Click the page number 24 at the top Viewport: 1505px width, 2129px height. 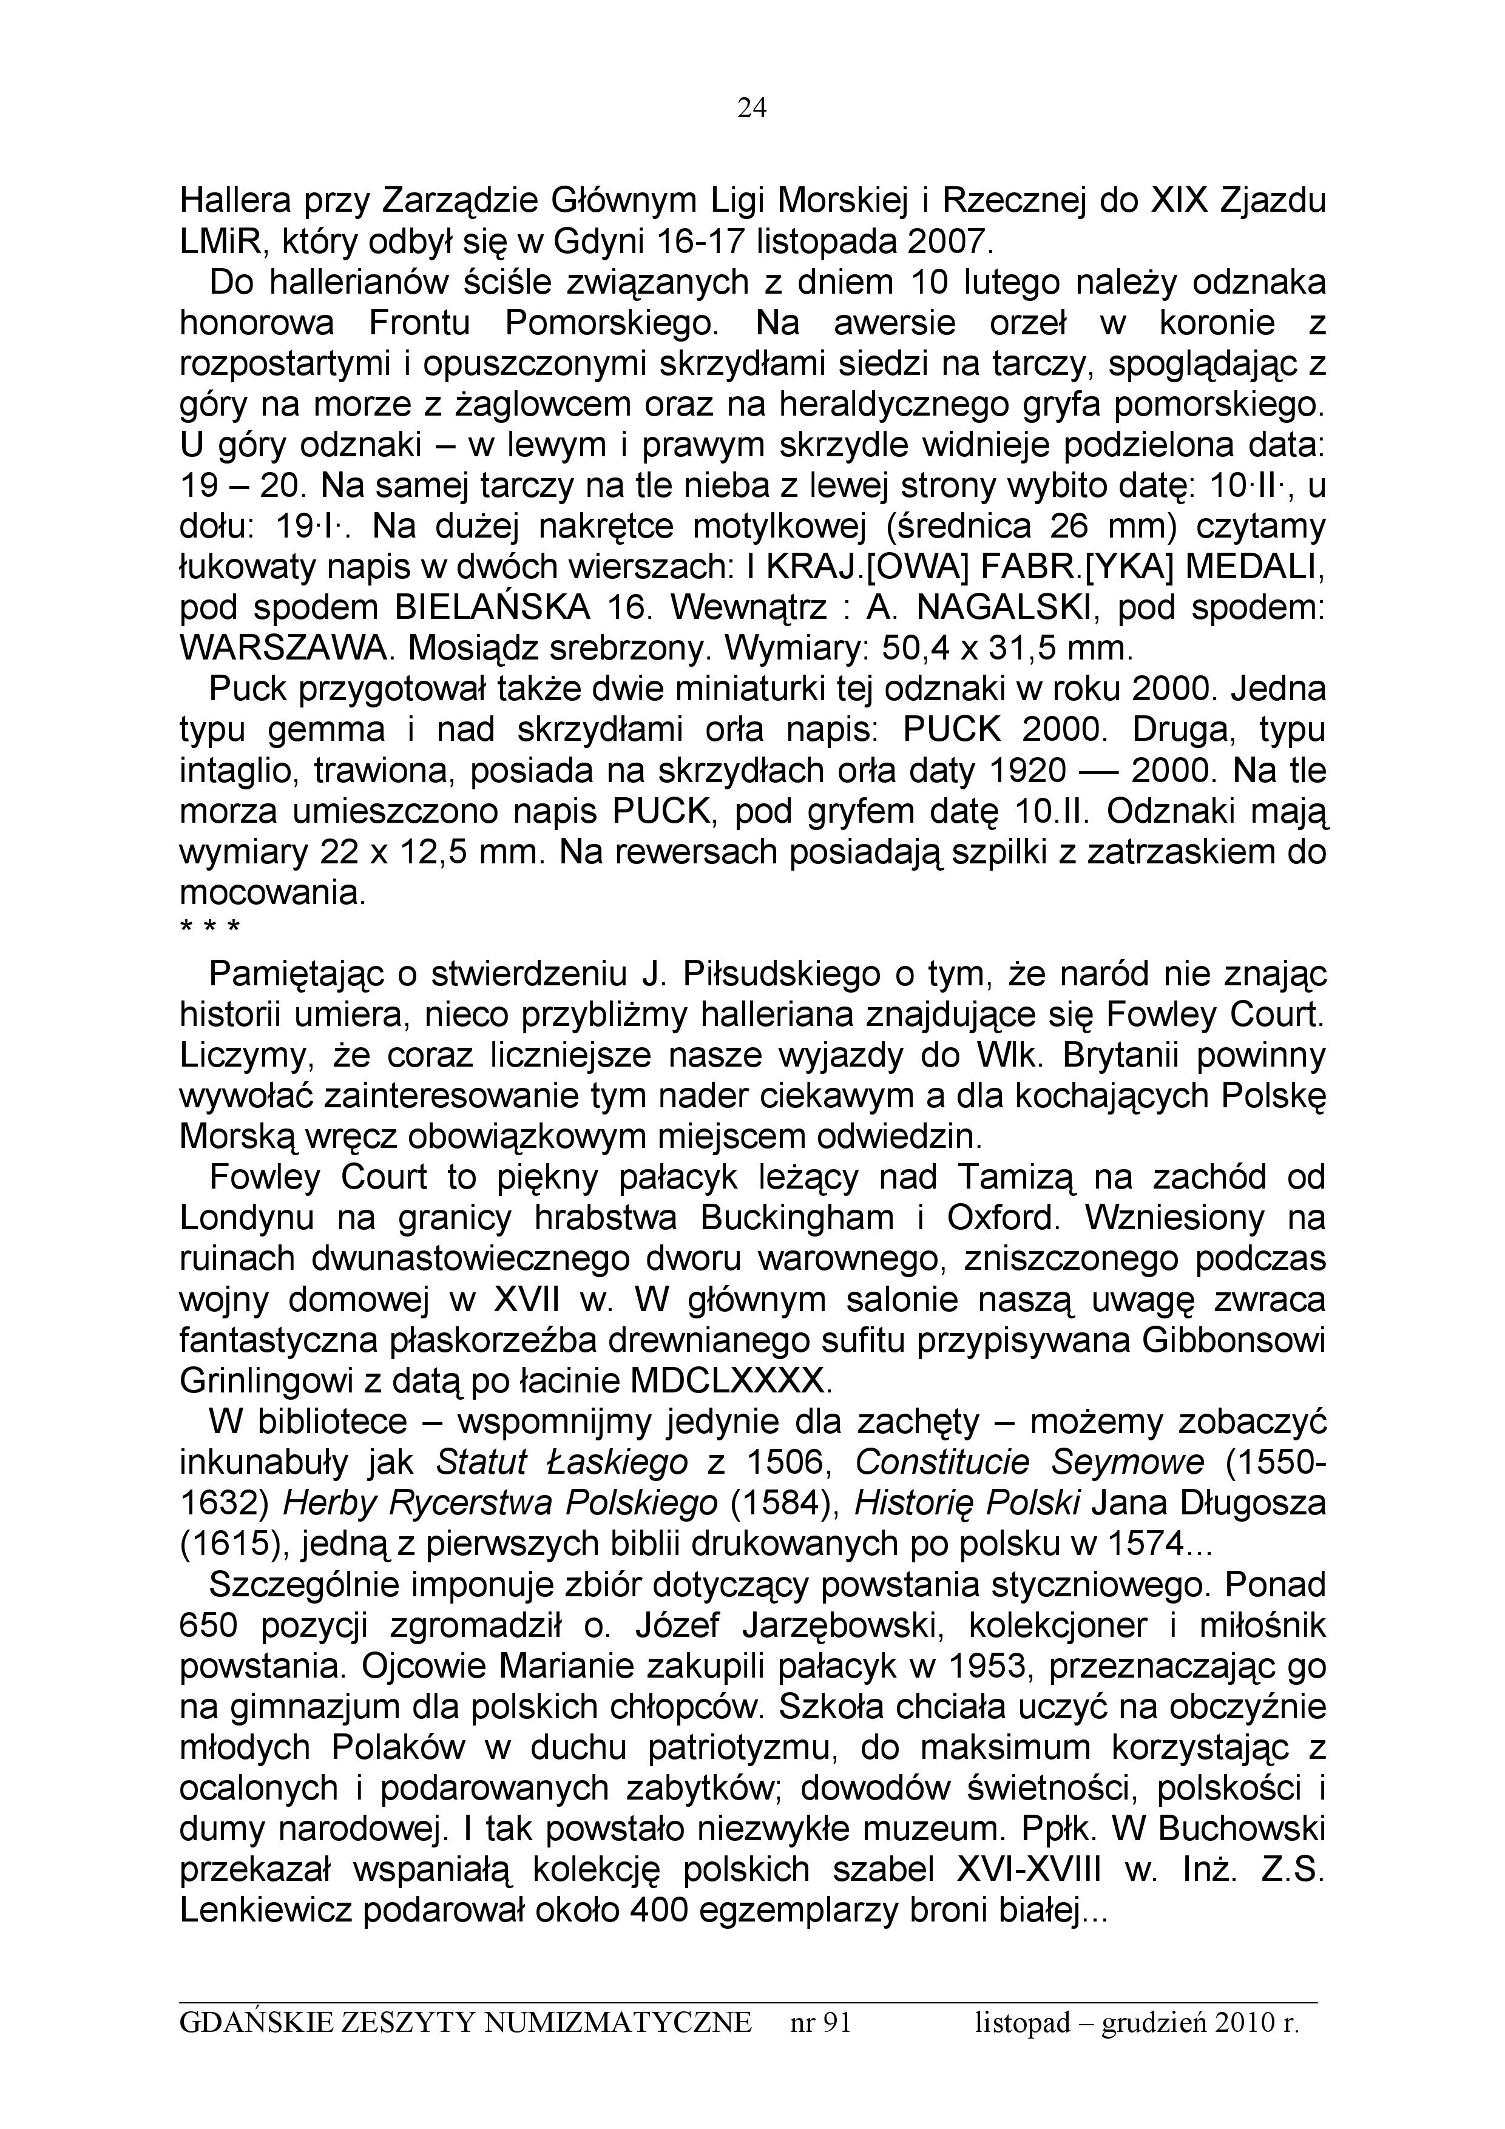[x=752, y=109]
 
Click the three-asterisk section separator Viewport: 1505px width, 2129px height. [x=209, y=927]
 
